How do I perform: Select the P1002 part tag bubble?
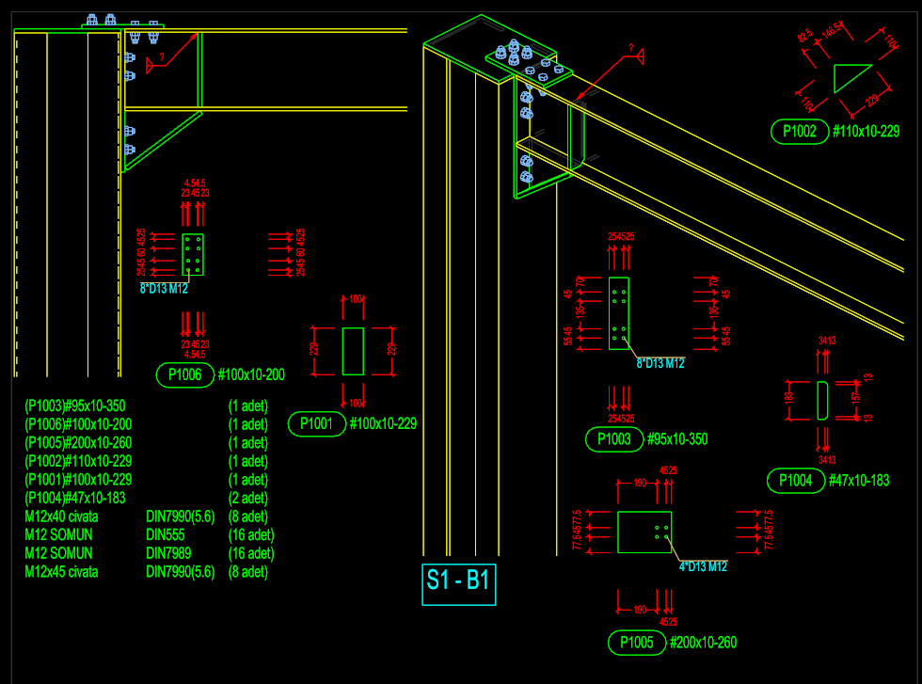click(799, 132)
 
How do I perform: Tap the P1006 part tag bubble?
click(184, 375)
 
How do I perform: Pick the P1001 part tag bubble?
click(316, 424)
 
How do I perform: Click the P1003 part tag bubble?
click(613, 439)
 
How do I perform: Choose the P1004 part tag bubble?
click(795, 482)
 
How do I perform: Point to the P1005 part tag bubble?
click(636, 644)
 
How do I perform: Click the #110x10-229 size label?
click(866, 132)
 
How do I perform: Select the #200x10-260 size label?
click(703, 644)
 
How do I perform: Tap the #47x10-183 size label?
click(859, 482)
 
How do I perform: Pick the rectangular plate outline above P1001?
click(353, 351)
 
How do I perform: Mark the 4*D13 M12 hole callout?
click(703, 566)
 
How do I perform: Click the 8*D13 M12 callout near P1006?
click(164, 289)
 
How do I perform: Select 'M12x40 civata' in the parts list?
click(61, 517)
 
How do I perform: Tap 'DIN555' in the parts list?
click(167, 535)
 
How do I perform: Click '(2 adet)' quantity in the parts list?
click(248, 499)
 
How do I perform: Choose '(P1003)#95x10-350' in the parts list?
click(74, 406)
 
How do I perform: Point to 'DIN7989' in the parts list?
click(169, 553)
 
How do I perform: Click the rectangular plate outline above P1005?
click(644, 532)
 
